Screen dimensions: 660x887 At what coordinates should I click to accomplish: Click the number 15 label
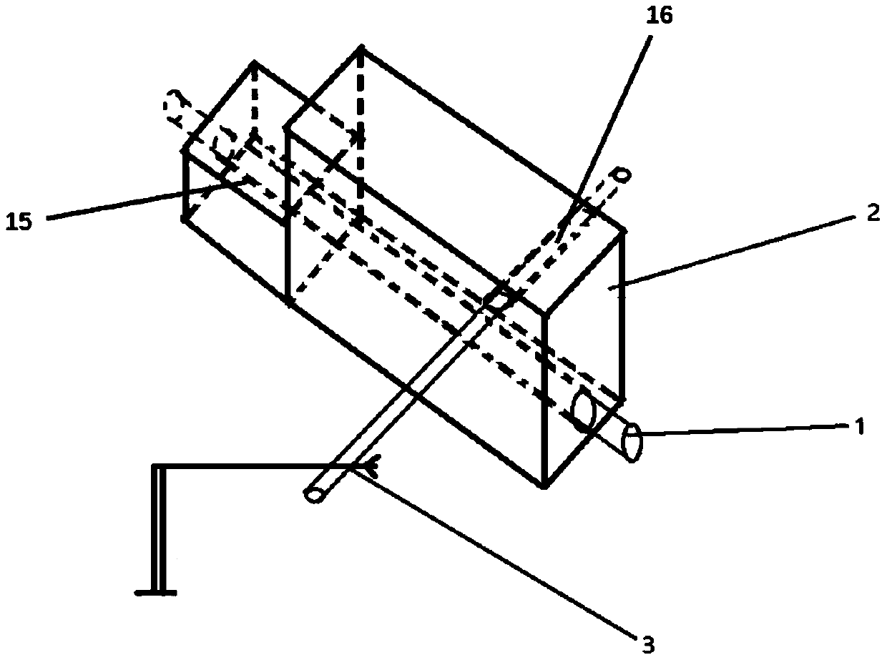coord(19,222)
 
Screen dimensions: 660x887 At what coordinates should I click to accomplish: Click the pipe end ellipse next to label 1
coord(632,443)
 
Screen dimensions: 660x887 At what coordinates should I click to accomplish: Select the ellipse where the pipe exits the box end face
coord(584,412)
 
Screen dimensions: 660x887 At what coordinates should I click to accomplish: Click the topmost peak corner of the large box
coord(361,49)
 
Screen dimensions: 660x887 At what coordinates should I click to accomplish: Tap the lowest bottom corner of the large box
coord(544,486)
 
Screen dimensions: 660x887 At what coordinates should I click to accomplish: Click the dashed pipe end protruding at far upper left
coord(173,103)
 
